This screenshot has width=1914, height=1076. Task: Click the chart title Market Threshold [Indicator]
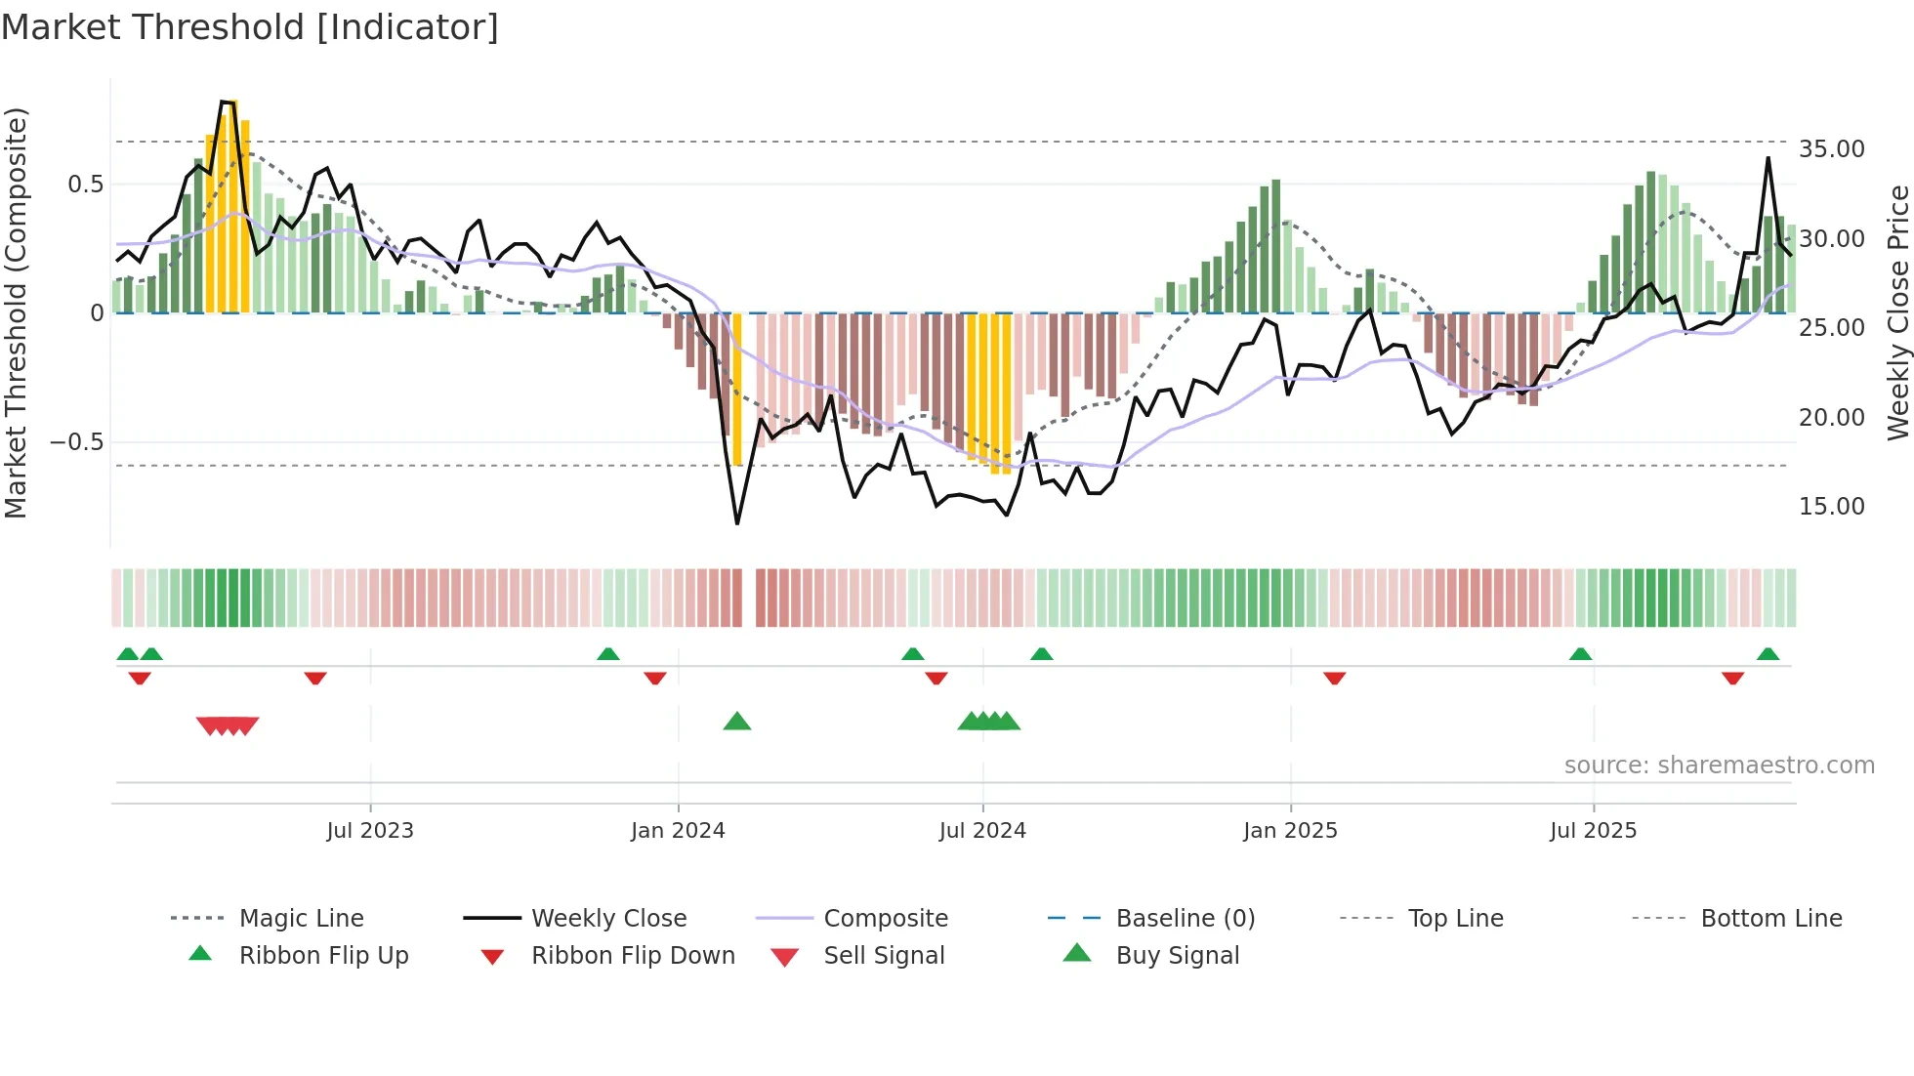pos(250,27)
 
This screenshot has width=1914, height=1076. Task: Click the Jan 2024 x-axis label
pos(678,831)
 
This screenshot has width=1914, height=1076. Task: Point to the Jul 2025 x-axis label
pos(1593,831)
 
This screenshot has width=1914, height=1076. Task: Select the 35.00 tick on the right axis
pos(1831,149)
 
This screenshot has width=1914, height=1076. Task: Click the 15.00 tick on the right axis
pos(1831,507)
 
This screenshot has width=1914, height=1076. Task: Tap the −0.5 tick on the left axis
pos(76,442)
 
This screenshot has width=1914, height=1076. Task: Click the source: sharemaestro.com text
pos(1719,766)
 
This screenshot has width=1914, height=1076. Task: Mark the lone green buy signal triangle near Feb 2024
pos(737,722)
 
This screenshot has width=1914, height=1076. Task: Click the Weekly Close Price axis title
pos(1897,312)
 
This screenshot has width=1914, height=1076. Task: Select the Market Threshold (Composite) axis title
pos(16,312)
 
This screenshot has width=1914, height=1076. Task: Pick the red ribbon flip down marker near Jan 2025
pos(1334,678)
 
